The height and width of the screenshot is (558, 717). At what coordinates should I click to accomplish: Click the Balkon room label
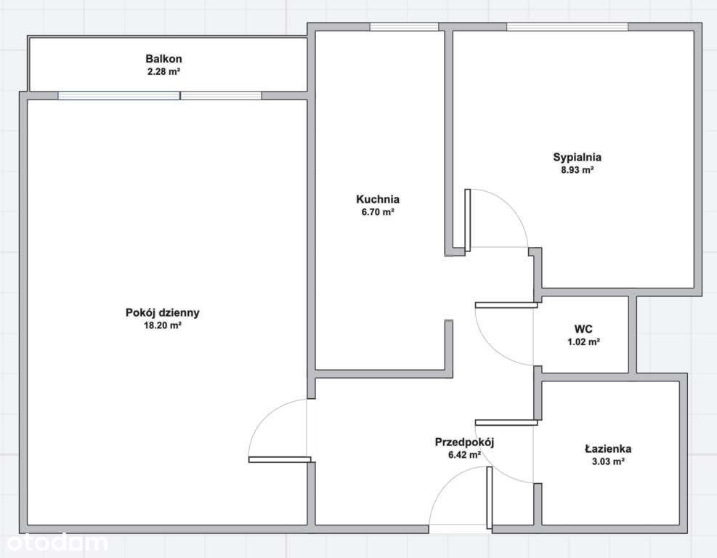pos(163,59)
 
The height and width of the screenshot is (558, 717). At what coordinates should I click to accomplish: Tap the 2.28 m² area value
pos(163,71)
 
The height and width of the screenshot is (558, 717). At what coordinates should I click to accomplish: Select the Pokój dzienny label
pos(162,313)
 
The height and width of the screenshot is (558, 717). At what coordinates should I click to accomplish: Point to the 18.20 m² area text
pos(163,325)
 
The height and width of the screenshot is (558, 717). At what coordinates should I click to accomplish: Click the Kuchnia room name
pos(378,199)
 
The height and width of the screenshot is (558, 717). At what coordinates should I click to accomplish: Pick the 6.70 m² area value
pos(378,211)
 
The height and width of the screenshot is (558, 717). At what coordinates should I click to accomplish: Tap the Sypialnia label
pos(577,158)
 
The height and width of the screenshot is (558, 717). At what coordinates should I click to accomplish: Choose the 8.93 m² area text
pos(577,170)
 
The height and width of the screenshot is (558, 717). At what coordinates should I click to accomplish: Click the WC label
pos(583,329)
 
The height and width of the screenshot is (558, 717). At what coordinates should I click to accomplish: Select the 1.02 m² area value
pos(583,341)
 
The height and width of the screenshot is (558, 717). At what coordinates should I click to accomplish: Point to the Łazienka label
pos(608,449)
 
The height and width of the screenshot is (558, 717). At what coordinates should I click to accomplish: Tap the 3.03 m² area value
pos(608,461)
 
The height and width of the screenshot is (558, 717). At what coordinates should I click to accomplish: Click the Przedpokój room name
pos(465,442)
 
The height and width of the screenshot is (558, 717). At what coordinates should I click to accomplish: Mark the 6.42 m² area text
pos(465,455)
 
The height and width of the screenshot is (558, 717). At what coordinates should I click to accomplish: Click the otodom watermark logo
pos(57,543)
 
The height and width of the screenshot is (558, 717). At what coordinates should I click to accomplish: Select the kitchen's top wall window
pos(404,27)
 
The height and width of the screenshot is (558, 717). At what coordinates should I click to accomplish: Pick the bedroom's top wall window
pos(567,27)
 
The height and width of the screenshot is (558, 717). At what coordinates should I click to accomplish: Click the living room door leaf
pos(280,460)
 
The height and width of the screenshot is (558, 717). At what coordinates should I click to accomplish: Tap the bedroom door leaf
pos(467,220)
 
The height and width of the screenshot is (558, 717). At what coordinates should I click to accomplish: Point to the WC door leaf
pos(506,304)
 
